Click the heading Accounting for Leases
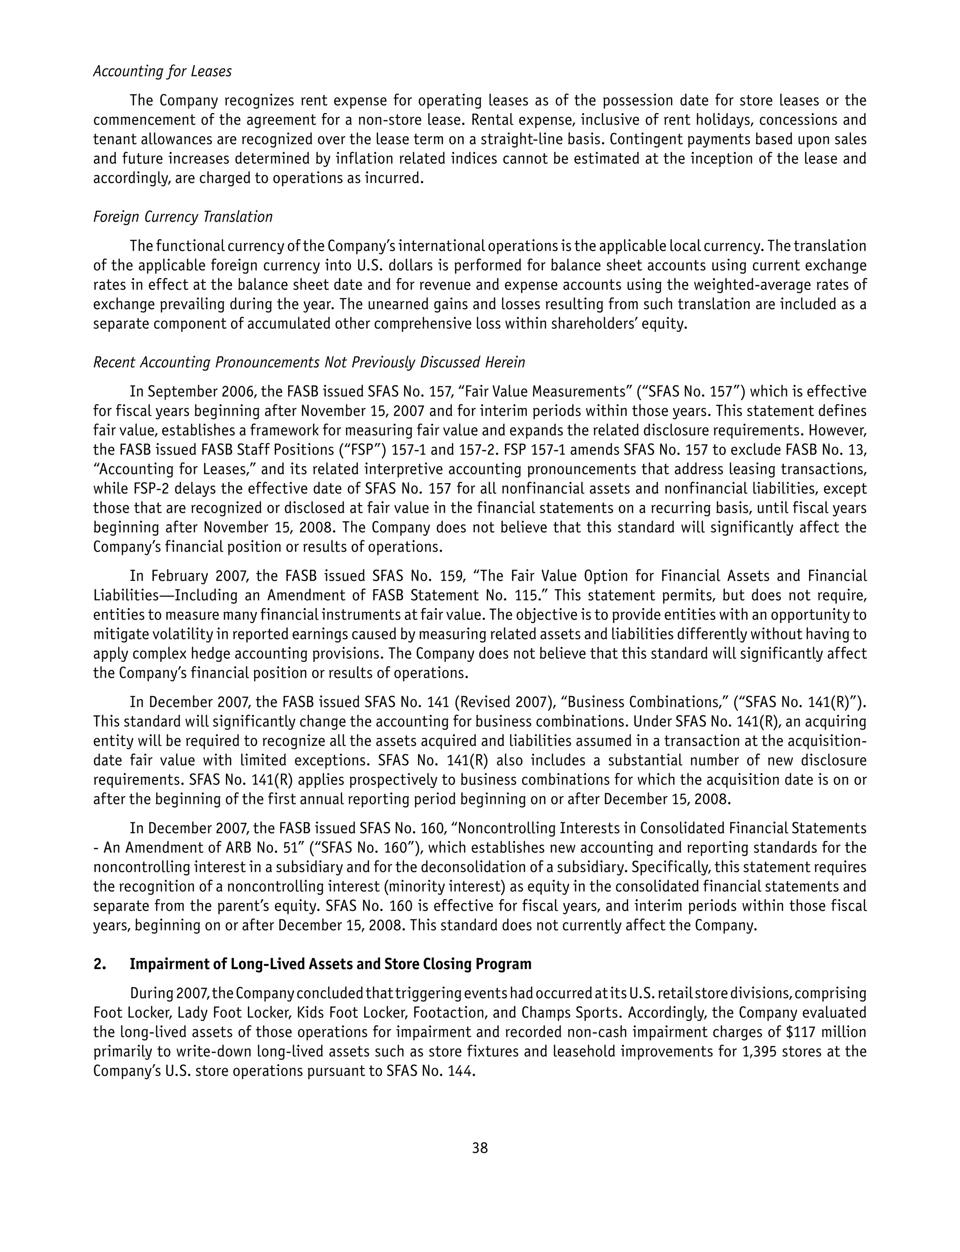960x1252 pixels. [x=162, y=71]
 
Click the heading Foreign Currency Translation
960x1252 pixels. [x=183, y=217]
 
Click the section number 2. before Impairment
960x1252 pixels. [x=100, y=964]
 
